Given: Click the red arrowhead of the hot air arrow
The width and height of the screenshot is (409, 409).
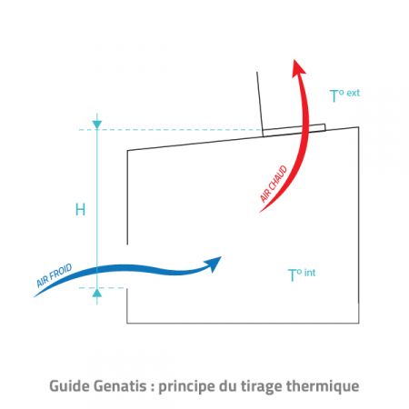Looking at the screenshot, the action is [x=298, y=68].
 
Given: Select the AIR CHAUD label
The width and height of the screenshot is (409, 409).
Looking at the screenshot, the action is [x=274, y=184].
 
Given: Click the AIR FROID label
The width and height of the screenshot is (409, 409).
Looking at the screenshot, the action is [x=55, y=275].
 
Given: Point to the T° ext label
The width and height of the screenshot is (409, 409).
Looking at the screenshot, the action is [x=344, y=95].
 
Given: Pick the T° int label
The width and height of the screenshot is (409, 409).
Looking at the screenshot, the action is [x=302, y=274].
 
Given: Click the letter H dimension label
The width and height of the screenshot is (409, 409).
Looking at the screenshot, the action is [x=80, y=210].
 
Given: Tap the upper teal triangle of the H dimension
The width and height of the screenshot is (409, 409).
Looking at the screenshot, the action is [x=97, y=125].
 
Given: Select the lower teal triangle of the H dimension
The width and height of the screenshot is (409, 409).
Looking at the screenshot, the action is [x=97, y=293].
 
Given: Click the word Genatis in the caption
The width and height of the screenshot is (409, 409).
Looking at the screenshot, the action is [x=120, y=386].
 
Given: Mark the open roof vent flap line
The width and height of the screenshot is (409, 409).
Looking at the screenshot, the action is [x=260, y=104].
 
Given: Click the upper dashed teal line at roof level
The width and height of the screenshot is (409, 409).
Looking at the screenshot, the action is [x=170, y=130].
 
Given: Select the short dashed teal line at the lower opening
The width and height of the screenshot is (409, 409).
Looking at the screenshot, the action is [x=102, y=288].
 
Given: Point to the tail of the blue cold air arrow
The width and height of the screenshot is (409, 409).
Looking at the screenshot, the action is [x=35, y=296].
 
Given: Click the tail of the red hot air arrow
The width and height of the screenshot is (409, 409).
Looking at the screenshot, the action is [x=260, y=212].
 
